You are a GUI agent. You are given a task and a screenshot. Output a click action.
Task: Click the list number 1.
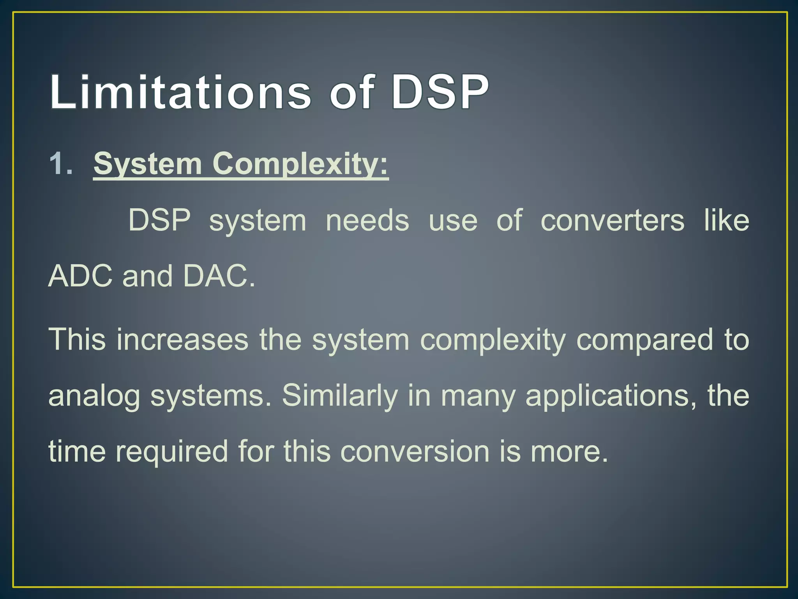(x=61, y=163)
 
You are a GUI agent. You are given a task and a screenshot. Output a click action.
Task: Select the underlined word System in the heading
(x=148, y=164)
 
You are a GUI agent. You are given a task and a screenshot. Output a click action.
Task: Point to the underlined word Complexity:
(x=300, y=164)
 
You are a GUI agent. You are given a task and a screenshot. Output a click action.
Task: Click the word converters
(x=612, y=221)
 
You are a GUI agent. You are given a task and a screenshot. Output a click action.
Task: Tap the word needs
(x=367, y=221)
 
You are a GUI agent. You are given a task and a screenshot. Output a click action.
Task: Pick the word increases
(x=182, y=339)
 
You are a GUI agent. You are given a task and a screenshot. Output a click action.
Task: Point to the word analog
(x=94, y=396)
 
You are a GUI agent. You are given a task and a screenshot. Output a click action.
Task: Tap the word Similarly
(x=339, y=396)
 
